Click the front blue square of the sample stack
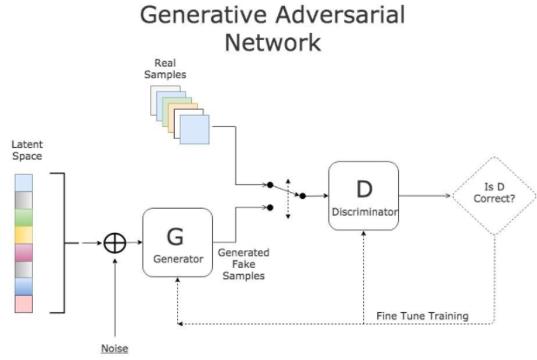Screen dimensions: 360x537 coord(194,130)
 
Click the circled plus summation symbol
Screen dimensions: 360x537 coord(115,243)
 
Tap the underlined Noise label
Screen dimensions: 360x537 coord(115,348)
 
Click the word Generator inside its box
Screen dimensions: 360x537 coord(176,259)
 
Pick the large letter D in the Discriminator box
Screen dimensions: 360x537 coord(363,189)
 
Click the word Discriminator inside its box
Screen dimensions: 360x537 coord(363,212)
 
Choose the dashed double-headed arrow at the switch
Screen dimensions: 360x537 coord(288,196)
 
